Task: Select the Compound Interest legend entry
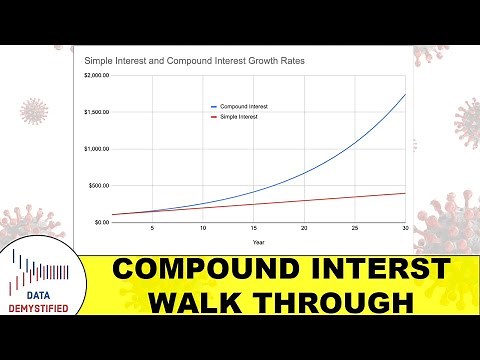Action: pyautogui.click(x=245, y=106)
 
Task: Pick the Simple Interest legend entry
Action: pyautogui.click(x=242, y=117)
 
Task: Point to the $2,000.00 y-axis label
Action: pyautogui.click(x=98, y=76)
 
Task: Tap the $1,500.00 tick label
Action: pyautogui.click(x=98, y=112)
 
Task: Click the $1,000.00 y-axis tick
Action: pyautogui.click(x=98, y=149)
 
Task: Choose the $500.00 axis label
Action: pyautogui.click(x=101, y=186)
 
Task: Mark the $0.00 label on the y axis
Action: pyautogui.click(x=103, y=222)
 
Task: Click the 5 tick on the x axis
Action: pyautogui.click(x=152, y=229)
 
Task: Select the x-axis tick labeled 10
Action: pyautogui.click(x=203, y=229)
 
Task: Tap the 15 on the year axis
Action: pyautogui.click(x=254, y=229)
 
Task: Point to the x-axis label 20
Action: pyautogui.click(x=305, y=229)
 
